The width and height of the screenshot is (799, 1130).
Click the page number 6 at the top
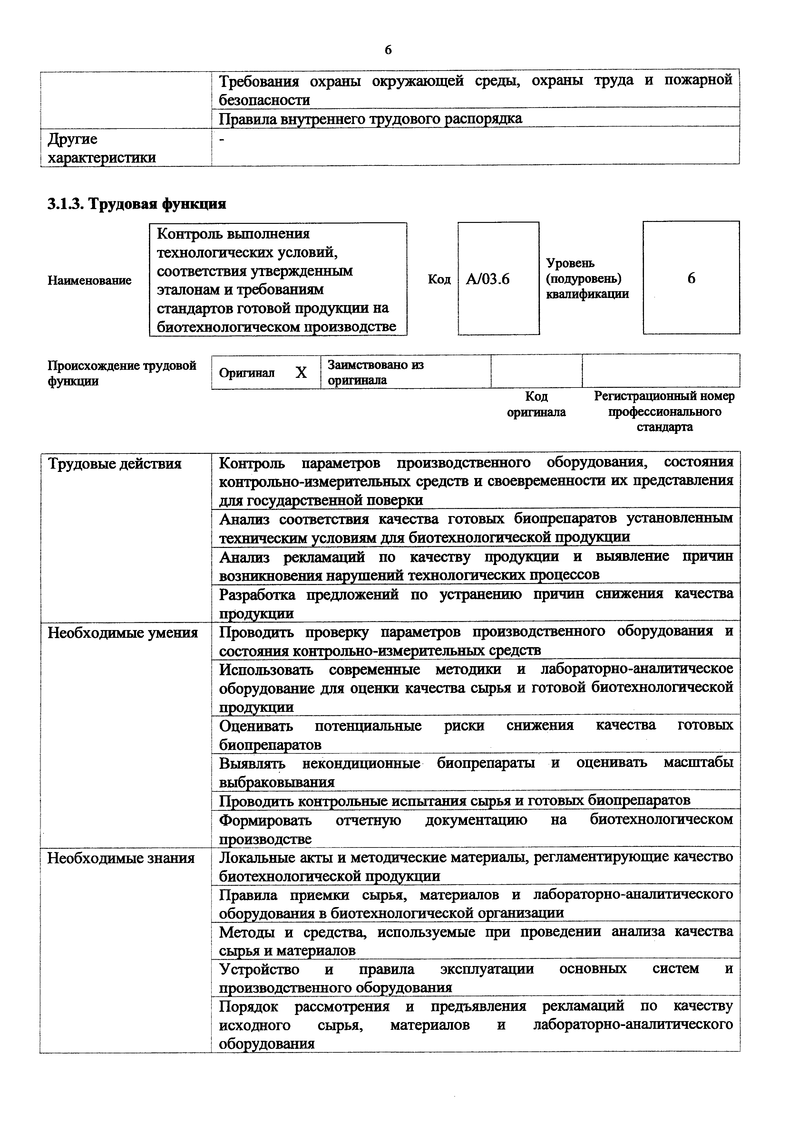tap(388, 50)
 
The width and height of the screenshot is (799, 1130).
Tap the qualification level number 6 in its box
tap(691, 279)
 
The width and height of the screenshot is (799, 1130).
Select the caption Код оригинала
tap(536, 404)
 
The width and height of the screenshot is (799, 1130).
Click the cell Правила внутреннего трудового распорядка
tap(370, 119)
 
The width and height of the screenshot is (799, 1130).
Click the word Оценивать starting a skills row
tap(256, 725)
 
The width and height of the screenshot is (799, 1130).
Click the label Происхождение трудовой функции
tap(122, 373)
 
